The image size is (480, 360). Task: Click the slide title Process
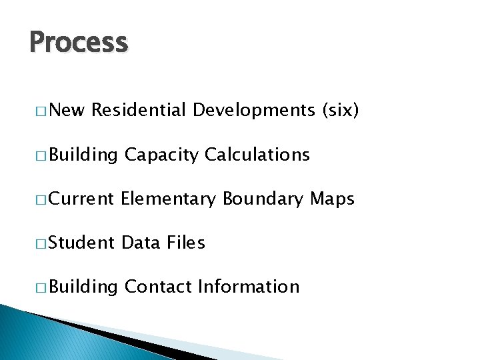coord(79,43)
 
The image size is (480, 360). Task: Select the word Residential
coord(138,111)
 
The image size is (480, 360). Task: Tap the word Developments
coord(253,111)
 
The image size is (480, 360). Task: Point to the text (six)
coord(340,111)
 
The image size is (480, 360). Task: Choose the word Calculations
coord(257,155)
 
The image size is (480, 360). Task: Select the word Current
coord(81,199)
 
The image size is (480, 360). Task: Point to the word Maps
coord(333,199)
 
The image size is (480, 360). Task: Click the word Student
coord(81,243)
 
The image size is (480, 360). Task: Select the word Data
coord(141,243)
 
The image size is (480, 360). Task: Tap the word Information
coord(249,287)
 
